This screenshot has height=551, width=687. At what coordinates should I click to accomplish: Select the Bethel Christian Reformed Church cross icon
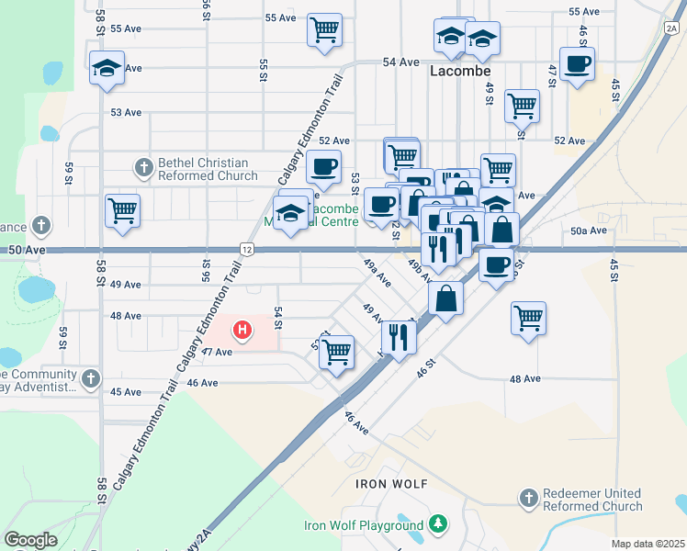(143, 168)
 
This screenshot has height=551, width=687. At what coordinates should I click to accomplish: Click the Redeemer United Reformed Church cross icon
(527, 499)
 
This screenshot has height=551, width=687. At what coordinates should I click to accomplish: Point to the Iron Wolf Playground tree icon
(439, 525)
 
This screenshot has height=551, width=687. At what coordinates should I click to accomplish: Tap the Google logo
(30, 540)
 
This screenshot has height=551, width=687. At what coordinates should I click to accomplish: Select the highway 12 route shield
(247, 249)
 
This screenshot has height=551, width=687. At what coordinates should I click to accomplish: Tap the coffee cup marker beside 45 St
(577, 65)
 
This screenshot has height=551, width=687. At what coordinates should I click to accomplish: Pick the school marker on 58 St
(107, 68)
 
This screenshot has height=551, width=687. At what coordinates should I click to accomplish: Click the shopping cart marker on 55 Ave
(324, 30)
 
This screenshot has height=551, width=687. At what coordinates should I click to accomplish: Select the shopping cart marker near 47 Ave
(337, 352)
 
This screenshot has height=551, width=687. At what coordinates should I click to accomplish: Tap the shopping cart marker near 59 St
(122, 210)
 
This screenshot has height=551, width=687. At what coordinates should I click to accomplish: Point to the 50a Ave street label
(589, 231)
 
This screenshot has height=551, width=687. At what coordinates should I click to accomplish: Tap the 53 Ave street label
(126, 112)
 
